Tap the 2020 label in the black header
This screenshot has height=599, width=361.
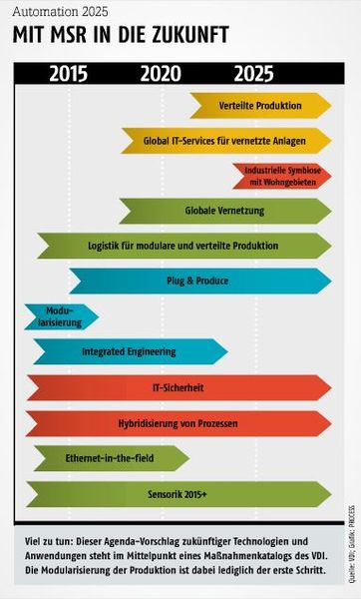[x=161, y=73]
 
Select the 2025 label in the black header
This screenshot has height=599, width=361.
[x=253, y=73]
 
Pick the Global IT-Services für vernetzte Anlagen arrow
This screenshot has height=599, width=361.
[x=225, y=141]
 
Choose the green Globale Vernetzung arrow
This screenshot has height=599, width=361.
[x=223, y=211]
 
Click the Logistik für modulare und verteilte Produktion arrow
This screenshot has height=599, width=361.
[x=182, y=246]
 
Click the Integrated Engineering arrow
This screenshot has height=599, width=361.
[x=129, y=351]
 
